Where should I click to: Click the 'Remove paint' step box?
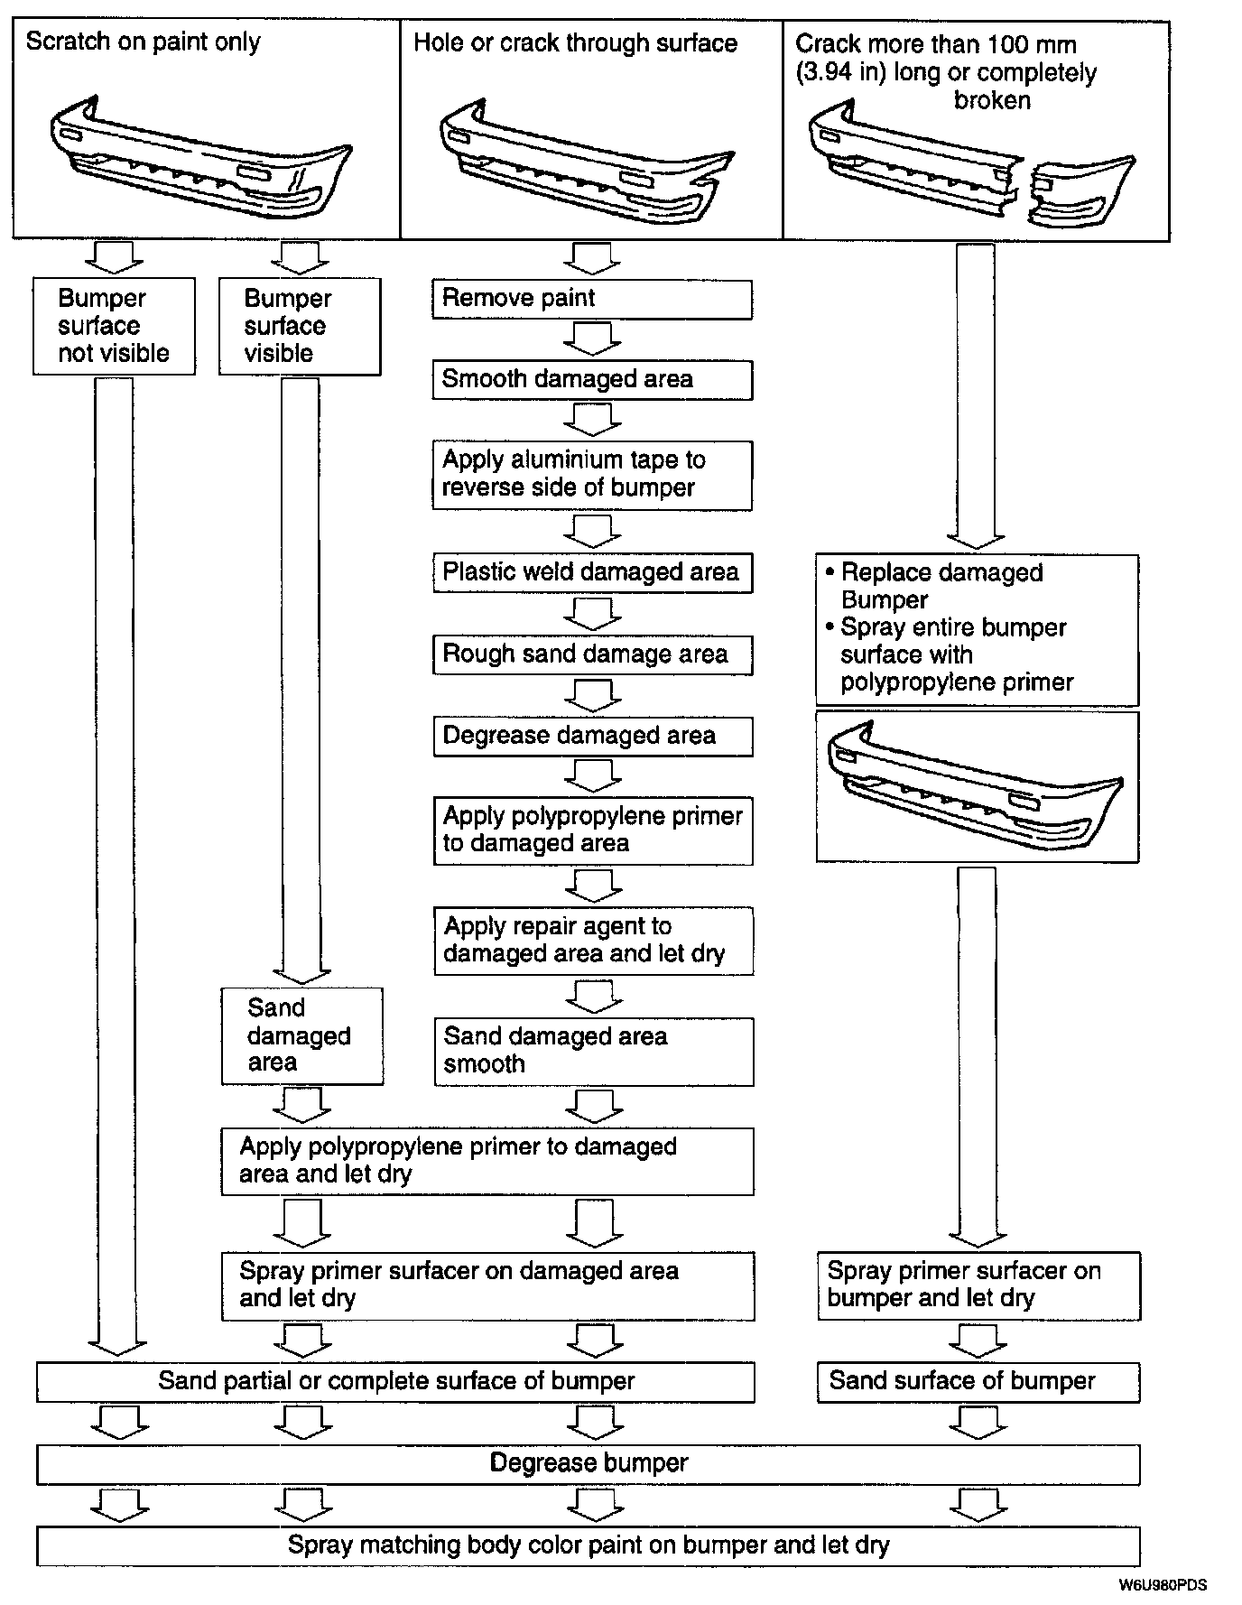pos(591,299)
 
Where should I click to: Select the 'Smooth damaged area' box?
pos(591,380)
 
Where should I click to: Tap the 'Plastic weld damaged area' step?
pos(591,572)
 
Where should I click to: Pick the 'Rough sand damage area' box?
pos(591,654)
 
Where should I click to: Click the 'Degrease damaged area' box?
pos(591,737)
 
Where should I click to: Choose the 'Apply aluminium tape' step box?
pos(591,475)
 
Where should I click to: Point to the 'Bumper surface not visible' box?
pos(114,326)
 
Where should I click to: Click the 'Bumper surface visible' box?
pos(300,326)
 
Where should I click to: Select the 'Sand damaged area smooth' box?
pos(593,1051)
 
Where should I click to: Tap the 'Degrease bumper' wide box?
pos(589,1463)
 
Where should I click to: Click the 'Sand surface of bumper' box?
pos(978,1381)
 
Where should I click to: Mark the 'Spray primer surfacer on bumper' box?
pos(978,1285)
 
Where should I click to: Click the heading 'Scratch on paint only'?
pos(143,42)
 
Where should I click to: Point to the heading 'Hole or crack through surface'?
pos(575,43)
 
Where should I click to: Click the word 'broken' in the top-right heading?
pos(992,100)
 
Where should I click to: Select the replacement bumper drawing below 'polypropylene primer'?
pos(977,786)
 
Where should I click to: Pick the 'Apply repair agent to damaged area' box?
pos(593,941)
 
